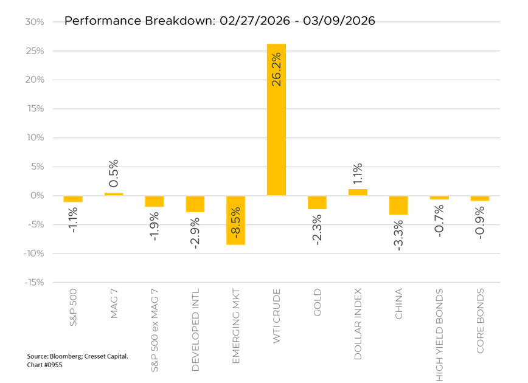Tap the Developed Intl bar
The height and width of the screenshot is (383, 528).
195,204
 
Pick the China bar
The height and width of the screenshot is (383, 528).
398,205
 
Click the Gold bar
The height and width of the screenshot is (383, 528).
317,202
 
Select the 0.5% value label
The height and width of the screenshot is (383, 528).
114,173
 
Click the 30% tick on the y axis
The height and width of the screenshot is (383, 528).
34,22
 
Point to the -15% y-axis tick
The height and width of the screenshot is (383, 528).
33,282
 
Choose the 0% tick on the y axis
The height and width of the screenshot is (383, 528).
36,196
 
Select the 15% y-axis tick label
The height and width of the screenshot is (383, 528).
34,109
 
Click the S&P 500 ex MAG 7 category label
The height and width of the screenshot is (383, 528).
155,330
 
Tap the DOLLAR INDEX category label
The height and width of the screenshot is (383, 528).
358,324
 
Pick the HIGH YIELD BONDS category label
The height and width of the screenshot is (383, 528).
439,335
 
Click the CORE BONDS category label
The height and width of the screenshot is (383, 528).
480,321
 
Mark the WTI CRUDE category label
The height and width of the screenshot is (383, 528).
276,318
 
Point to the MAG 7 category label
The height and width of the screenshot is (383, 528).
114,304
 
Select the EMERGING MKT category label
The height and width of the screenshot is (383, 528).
235,326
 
